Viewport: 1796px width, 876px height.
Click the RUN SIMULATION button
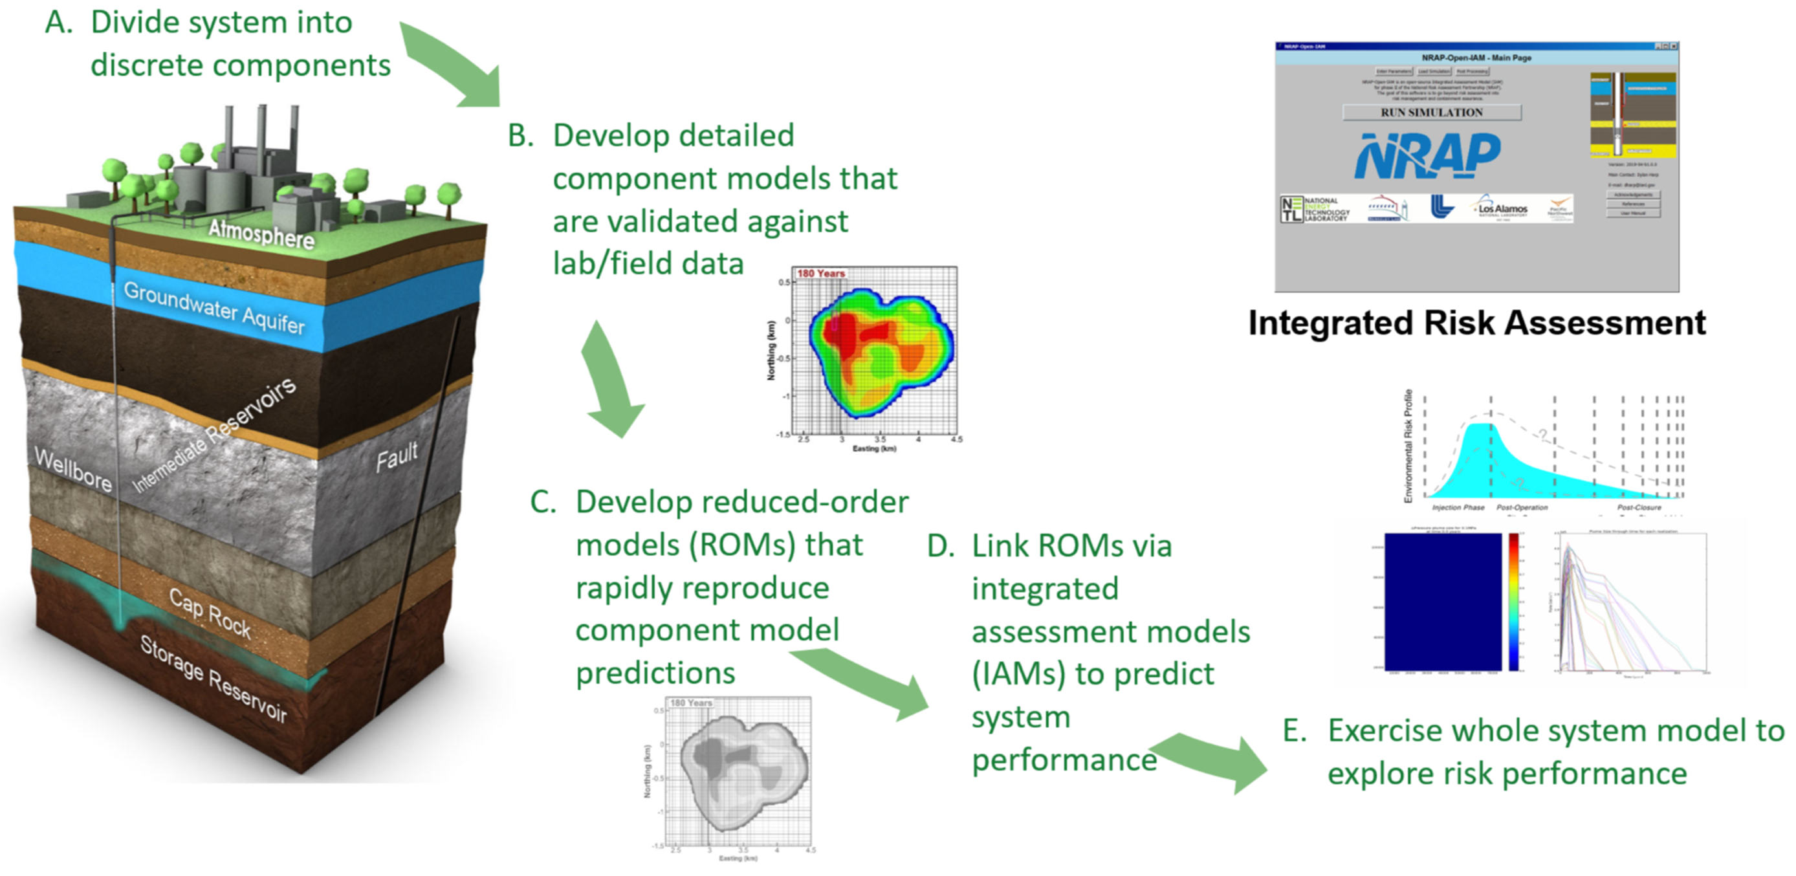click(1431, 113)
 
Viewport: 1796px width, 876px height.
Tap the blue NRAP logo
click(1427, 155)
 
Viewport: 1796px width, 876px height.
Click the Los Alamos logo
click(1502, 208)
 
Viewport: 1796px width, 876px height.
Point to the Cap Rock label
click(210, 613)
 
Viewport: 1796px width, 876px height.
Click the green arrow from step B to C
click(611, 381)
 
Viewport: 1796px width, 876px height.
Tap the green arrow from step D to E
click(1213, 760)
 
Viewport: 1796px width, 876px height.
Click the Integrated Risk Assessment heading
click(1476, 323)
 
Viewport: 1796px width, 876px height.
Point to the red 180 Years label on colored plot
click(820, 274)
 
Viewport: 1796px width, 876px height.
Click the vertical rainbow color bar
click(1514, 601)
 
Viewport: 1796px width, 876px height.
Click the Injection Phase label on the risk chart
click(1458, 508)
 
